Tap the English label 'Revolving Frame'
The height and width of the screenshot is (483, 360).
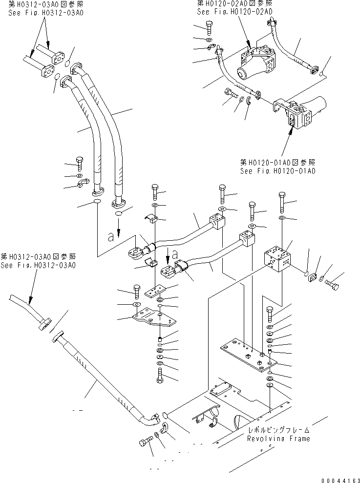278,438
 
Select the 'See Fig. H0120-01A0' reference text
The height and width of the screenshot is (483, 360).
277,171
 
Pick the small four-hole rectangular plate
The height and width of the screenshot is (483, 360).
154,292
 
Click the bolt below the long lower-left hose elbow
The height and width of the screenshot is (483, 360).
146,442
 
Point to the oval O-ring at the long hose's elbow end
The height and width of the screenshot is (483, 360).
165,415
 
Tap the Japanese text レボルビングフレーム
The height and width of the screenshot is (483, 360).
278,430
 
